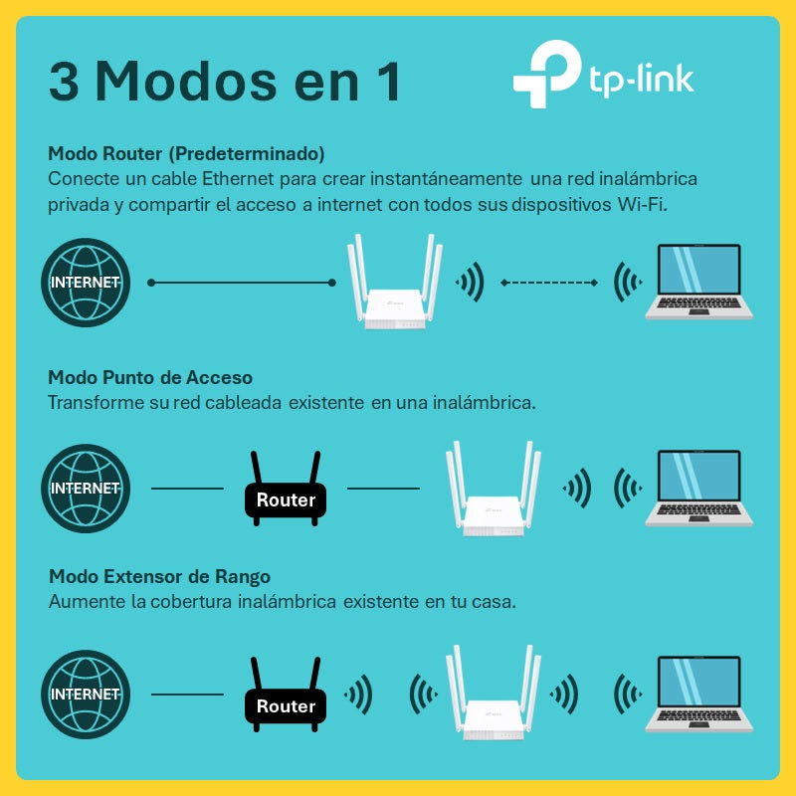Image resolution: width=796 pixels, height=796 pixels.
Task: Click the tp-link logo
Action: point(603,74)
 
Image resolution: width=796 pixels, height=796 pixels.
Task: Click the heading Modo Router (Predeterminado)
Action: point(186,153)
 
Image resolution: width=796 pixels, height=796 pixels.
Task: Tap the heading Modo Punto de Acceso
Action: point(150,377)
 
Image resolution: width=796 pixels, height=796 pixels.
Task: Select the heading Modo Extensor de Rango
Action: point(159,577)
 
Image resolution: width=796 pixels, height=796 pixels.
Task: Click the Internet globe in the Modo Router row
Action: point(86,283)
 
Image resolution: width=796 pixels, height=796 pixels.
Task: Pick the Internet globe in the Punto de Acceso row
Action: point(86,489)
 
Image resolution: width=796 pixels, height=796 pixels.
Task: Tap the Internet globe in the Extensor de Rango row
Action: point(86,695)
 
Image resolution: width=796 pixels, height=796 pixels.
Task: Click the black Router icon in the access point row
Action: point(286,489)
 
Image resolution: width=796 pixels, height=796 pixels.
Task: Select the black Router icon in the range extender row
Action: point(286,695)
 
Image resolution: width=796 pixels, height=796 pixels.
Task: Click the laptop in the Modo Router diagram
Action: point(699,282)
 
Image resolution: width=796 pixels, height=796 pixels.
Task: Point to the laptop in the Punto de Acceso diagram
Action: point(699,488)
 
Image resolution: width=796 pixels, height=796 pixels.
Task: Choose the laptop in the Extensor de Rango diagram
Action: point(699,694)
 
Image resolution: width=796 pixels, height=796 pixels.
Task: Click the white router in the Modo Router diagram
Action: point(395,283)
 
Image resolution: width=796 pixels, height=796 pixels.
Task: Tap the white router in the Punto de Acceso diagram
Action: point(494,489)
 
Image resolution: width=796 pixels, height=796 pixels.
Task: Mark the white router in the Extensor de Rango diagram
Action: point(494,693)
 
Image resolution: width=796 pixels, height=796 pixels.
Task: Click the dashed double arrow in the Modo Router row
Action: point(549,283)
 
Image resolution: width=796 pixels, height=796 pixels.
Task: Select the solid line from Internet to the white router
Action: point(242,283)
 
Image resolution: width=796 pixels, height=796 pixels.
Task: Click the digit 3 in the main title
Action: point(65,82)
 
